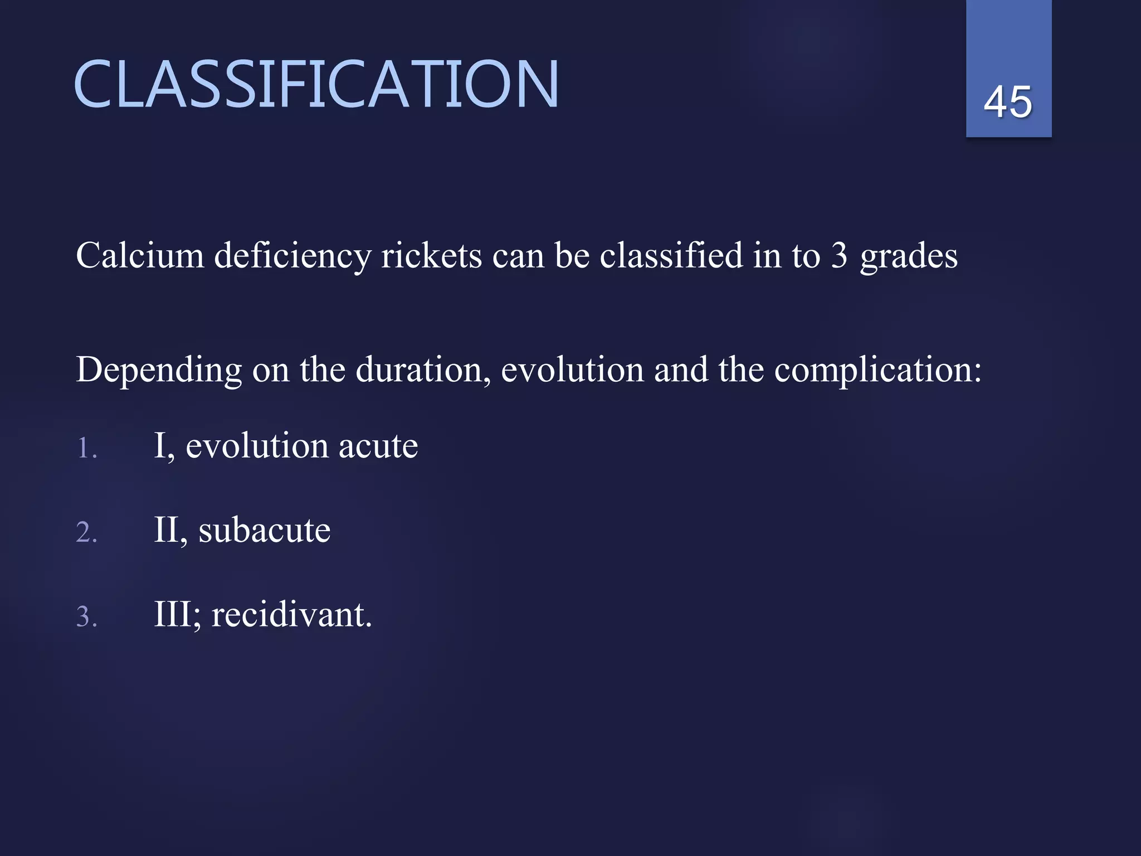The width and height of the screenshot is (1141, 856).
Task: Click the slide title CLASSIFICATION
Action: [316, 85]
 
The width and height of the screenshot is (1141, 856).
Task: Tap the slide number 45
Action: [1008, 102]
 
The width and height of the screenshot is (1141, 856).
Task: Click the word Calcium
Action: [140, 256]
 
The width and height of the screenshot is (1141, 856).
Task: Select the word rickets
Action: [431, 256]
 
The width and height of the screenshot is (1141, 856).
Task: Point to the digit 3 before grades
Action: [839, 256]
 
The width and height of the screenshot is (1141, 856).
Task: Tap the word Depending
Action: [159, 371]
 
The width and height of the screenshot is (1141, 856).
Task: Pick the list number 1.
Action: [86, 449]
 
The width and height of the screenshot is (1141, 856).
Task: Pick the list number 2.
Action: [86, 532]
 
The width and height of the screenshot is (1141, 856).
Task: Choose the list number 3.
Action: [86, 617]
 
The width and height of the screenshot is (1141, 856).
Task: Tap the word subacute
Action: [264, 530]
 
